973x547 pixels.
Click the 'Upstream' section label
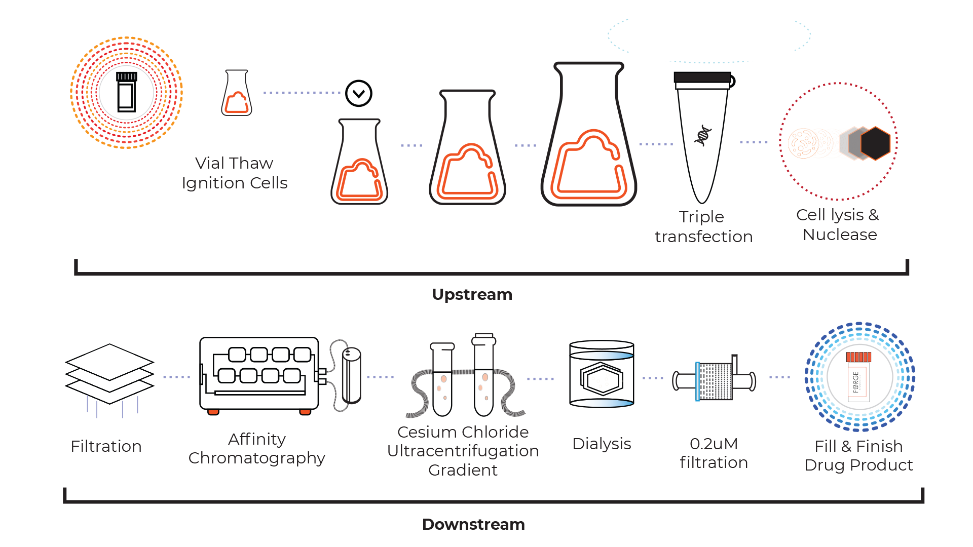[472, 294]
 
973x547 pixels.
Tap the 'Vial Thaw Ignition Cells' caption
[234, 173]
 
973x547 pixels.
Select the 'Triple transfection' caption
[703, 226]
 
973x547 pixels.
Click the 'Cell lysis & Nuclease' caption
[839, 224]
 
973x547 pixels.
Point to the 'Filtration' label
[106, 446]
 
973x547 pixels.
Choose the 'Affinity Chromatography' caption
[256, 448]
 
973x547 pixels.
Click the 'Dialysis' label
[602, 444]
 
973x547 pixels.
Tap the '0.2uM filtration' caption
[714, 453]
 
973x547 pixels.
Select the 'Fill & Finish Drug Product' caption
[858, 455]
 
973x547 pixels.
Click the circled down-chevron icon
[359, 93]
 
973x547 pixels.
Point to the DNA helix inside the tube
[703, 135]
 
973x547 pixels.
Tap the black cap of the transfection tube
[702, 77]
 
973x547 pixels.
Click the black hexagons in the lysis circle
[866, 143]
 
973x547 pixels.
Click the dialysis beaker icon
[602, 374]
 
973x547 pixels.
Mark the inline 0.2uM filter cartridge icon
[715, 380]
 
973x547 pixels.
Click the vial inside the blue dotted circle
[858, 377]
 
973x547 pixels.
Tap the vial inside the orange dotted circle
[126, 92]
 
